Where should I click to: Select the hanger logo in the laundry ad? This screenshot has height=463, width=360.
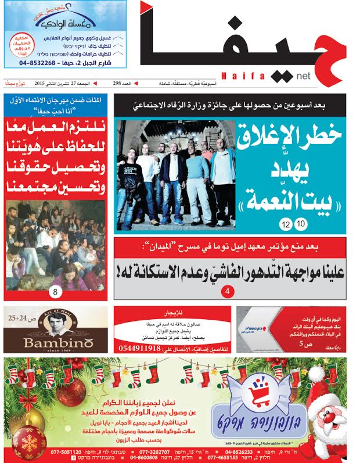click(x=65, y=16)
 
